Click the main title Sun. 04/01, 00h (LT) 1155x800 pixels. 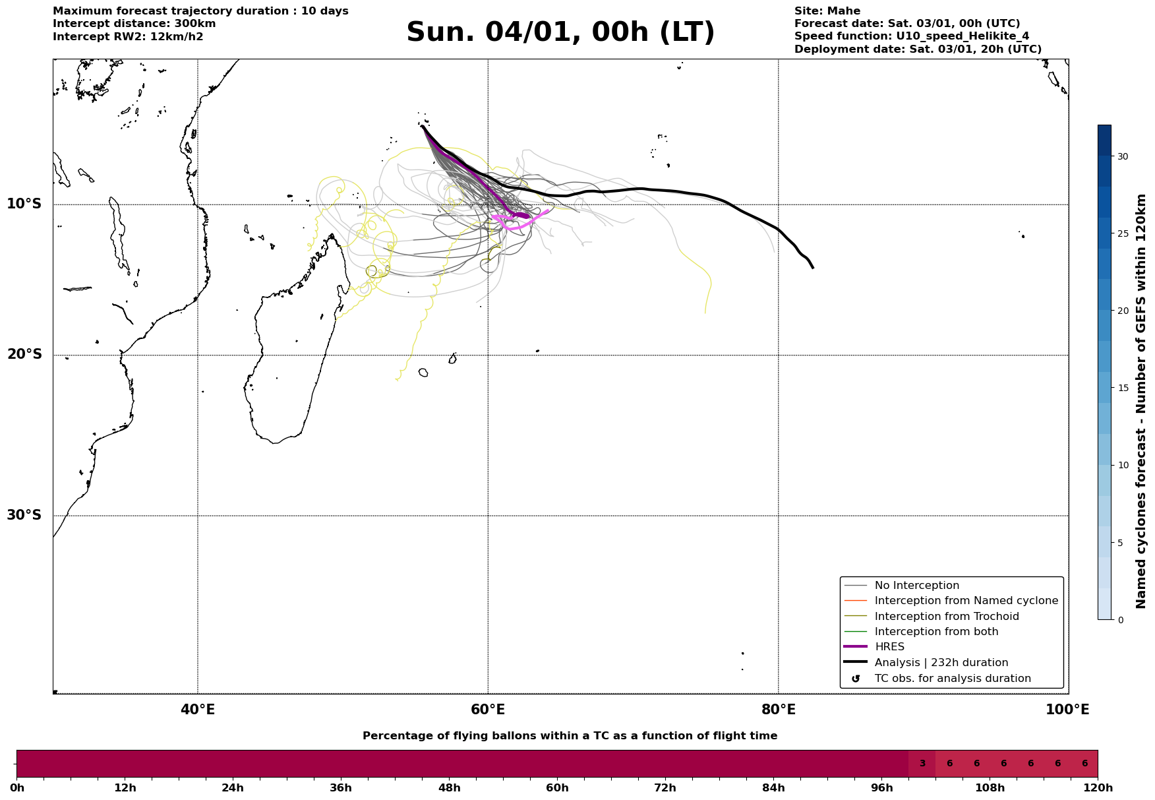560,32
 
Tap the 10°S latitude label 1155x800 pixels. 24,204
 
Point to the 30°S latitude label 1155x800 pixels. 24,515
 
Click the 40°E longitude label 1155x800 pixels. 198,710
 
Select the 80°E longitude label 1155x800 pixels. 778,710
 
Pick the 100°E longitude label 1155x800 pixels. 1067,710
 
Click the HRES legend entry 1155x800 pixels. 889,647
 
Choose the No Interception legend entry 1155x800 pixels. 916,586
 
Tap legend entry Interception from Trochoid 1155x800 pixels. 946,617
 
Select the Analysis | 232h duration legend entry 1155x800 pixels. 941,663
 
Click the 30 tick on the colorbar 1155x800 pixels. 1122,156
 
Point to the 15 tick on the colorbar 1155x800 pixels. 1122,388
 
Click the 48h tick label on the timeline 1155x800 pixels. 449,788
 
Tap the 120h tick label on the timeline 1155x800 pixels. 1098,788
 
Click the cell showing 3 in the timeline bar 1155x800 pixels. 922,764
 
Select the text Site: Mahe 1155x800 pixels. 827,11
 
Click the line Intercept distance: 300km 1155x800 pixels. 134,24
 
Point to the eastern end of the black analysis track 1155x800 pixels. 813,267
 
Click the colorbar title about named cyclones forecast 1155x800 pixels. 1142,401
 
